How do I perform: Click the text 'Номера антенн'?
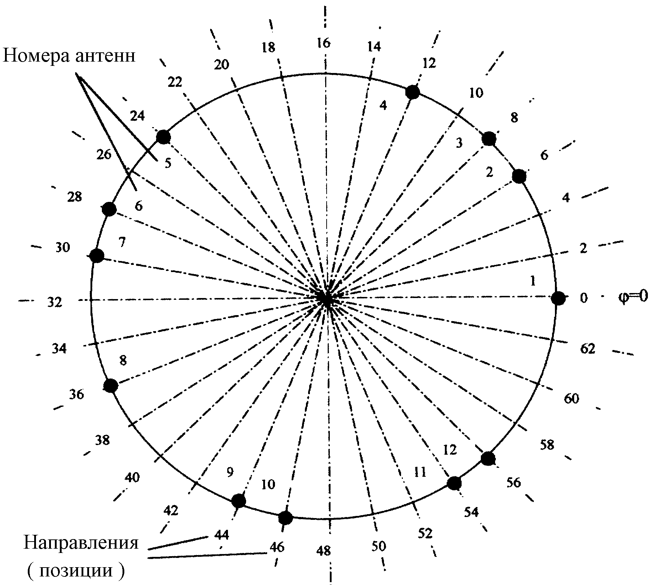pyautogui.click(x=69, y=56)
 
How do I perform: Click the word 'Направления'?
pyautogui.click(x=81, y=543)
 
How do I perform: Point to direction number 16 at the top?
pyautogui.click(x=324, y=43)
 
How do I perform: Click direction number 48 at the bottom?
pyautogui.click(x=323, y=551)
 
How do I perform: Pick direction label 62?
pyautogui.click(x=588, y=349)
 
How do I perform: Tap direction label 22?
pyautogui.click(x=175, y=82)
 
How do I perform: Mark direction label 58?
pyautogui.click(x=547, y=445)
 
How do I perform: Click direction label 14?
pyautogui.click(x=374, y=46)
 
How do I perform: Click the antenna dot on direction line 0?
pyautogui.click(x=558, y=298)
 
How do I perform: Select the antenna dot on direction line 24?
pyautogui.click(x=163, y=137)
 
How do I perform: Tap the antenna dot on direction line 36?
pyautogui.click(x=111, y=386)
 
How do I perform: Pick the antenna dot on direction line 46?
pyautogui.click(x=285, y=518)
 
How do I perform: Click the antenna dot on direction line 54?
pyautogui.click(x=454, y=484)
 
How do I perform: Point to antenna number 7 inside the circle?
pyautogui.click(x=122, y=242)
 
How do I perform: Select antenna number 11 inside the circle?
pyautogui.click(x=420, y=472)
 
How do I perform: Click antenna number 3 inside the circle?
pyautogui.click(x=459, y=143)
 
